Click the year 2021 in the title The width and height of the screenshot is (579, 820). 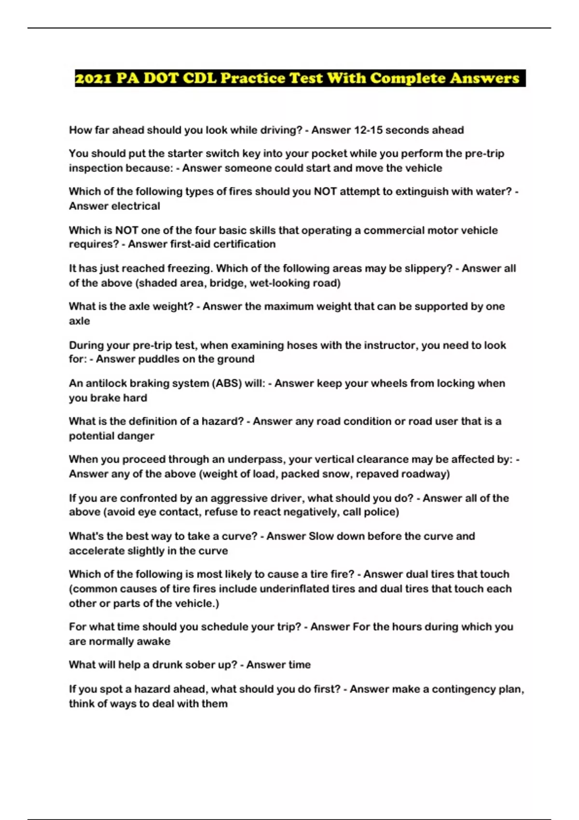94,78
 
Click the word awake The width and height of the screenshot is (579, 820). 154,642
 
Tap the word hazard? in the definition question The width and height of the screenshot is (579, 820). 222,422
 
